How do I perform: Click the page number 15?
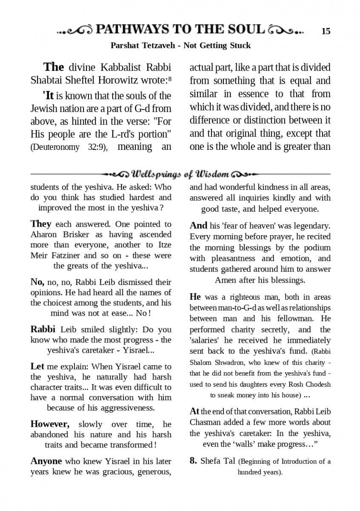pos(326,31)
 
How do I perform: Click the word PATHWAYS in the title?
pos(131,30)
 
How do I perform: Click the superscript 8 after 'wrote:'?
pos(169,78)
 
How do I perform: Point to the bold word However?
pos(49,424)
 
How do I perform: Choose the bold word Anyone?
pos(46,461)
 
